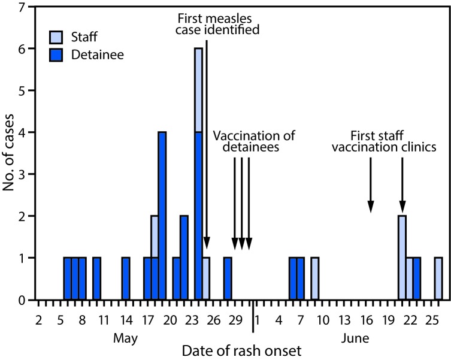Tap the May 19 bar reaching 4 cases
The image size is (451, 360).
[162, 216]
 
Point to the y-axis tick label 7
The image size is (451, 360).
[22, 8]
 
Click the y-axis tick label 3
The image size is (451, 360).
[22, 174]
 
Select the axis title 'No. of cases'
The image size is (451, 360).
[8, 153]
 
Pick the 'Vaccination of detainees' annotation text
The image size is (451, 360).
[255, 140]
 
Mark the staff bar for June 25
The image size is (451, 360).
[438, 279]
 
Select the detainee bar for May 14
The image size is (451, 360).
[125, 279]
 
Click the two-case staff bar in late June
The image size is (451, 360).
[402, 258]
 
